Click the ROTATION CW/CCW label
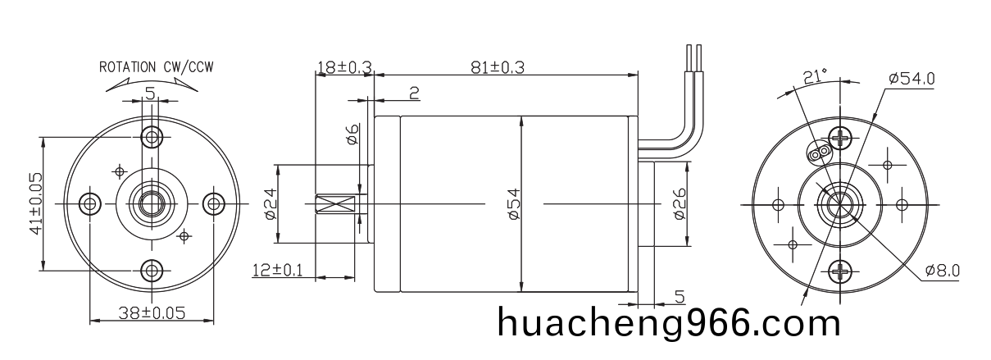tap(157, 66)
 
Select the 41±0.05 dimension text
tap(35, 203)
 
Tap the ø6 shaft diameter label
tap(352, 134)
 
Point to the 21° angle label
tap(815, 76)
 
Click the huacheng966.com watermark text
tap(669, 322)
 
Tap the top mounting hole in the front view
tap(151, 135)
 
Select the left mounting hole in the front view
tap(89, 203)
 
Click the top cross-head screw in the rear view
tap(841, 137)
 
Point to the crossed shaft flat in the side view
tap(336, 203)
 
